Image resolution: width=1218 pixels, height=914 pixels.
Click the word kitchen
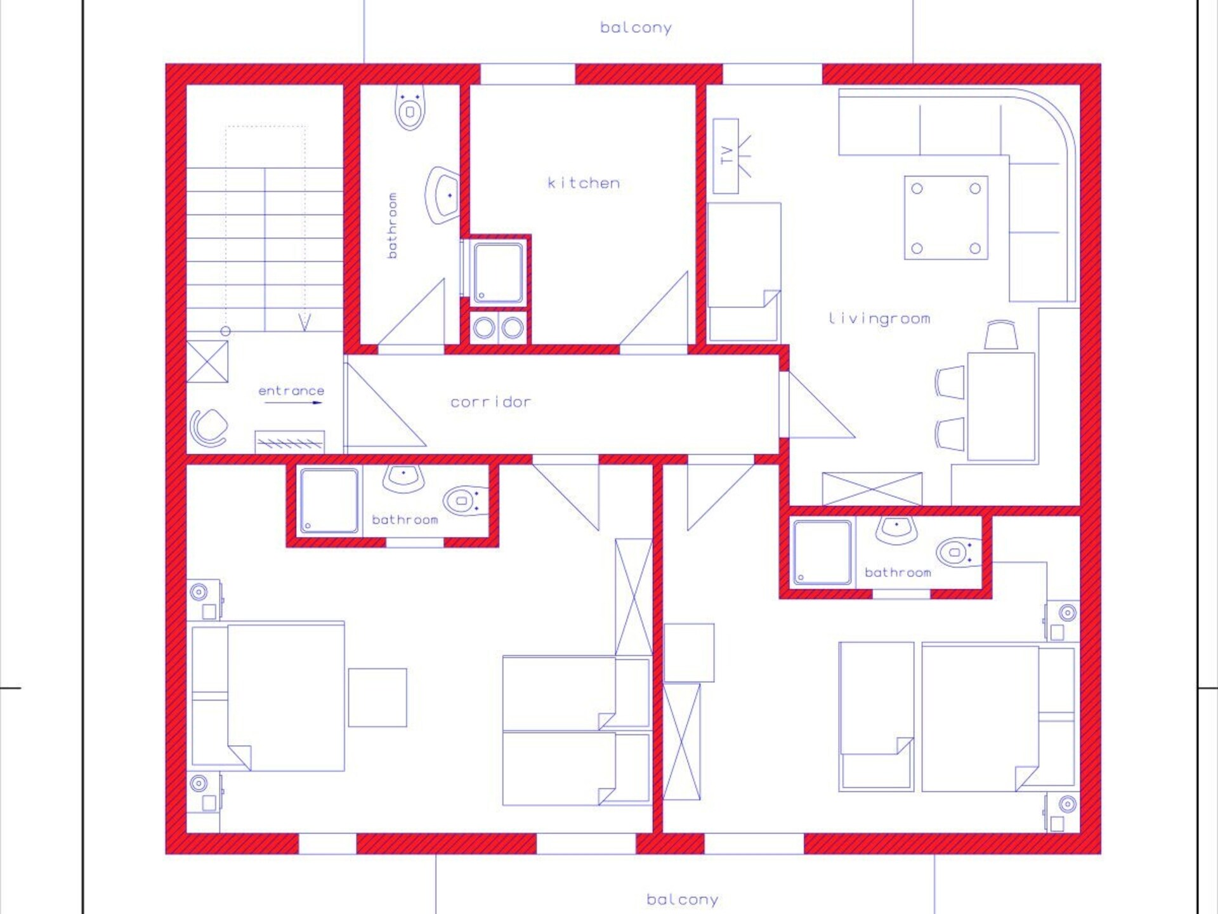[x=584, y=183]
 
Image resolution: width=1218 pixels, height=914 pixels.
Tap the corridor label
[x=490, y=402]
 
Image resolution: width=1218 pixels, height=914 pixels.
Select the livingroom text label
[x=879, y=318]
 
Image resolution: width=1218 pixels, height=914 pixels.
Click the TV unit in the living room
[x=726, y=156]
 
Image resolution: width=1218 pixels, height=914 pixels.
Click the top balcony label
[x=636, y=28]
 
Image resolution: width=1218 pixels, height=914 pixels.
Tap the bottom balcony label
[x=682, y=899]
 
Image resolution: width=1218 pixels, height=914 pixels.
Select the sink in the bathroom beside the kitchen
[x=443, y=195]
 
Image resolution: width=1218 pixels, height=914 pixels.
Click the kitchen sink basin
[x=499, y=272]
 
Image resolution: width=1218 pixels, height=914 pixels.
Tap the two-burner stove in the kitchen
[x=498, y=328]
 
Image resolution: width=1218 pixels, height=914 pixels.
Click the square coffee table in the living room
[x=946, y=218]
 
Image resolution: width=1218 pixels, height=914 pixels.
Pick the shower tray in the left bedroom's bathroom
[x=329, y=501]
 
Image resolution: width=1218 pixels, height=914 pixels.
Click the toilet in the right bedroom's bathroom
[x=960, y=552]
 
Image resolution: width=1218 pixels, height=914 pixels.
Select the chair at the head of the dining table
[x=1000, y=335]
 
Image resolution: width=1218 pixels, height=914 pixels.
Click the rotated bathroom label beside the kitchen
[x=392, y=225]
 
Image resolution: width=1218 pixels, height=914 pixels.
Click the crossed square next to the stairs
[x=207, y=362]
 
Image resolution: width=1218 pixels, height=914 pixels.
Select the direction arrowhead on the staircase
[x=305, y=323]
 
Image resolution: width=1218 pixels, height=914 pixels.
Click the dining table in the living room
[x=1001, y=406]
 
